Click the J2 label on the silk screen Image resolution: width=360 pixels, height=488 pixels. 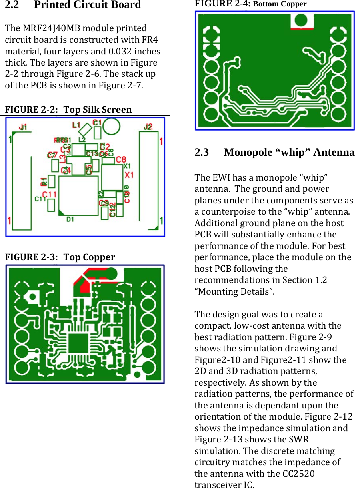pos(148,127)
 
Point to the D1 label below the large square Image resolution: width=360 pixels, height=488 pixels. pos(70,219)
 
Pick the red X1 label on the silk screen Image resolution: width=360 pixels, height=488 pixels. pos(129,175)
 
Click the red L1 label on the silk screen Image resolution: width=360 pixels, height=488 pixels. pos(76,125)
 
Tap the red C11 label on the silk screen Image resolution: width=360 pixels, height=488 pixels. pos(49,194)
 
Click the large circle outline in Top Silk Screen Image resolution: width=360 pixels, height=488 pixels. pos(111,127)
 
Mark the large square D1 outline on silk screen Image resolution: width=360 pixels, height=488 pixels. pos(78,195)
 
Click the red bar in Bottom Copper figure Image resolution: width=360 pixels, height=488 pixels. pos(302,29)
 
